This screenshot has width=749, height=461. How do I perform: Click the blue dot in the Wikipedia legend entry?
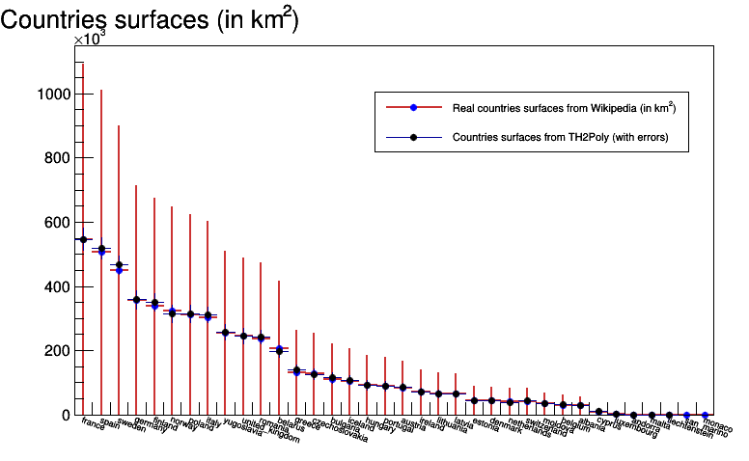tap(413, 106)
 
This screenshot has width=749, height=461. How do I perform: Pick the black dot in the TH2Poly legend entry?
tap(413, 137)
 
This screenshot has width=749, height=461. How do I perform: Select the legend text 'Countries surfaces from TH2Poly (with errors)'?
tap(560, 137)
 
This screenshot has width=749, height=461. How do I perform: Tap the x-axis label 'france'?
tap(93, 423)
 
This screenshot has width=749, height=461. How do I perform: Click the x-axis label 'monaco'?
tap(718, 424)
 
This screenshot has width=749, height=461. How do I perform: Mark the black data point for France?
tap(83, 239)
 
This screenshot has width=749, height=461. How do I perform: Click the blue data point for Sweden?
tap(119, 270)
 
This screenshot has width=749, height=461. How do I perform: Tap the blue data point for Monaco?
tap(705, 415)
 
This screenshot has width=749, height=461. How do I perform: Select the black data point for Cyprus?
tap(598, 412)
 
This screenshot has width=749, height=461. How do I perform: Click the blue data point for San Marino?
tap(686, 415)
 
